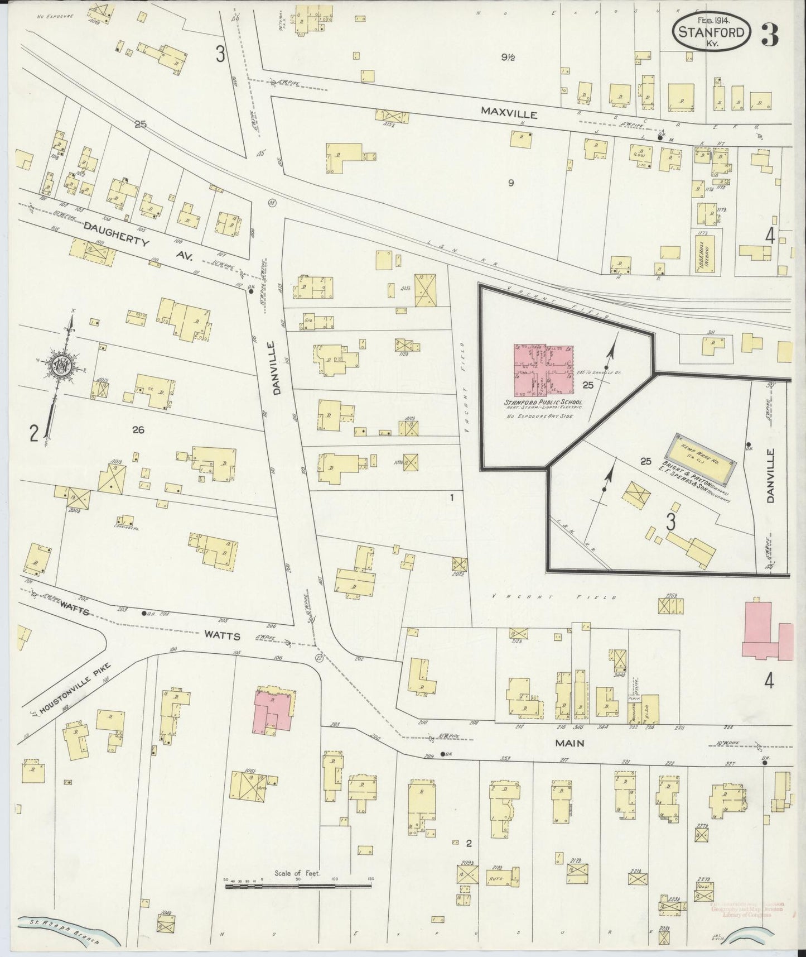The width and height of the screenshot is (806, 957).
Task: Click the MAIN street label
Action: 569,743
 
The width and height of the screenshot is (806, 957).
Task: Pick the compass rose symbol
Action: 60,366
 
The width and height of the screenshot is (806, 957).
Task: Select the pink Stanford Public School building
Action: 543,369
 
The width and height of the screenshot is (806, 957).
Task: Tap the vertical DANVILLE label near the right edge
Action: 771,476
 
